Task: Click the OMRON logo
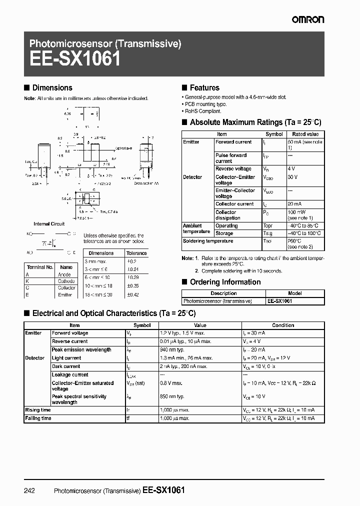point(308,19)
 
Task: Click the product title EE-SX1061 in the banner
point(74,59)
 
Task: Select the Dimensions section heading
point(52,87)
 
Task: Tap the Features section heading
point(204,87)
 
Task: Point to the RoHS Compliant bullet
point(202,111)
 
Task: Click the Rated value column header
point(305,134)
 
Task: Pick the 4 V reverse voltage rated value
point(292,169)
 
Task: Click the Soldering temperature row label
point(208,241)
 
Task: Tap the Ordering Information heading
point(225,282)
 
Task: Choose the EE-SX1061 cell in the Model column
point(280,301)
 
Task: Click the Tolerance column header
point(136,253)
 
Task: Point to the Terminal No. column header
point(39,267)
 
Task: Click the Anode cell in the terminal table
point(65,274)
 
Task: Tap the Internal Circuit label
point(49,224)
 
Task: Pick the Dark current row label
point(67,366)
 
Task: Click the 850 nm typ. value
point(172,396)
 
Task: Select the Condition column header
point(283,325)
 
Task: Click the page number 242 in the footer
point(29,490)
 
